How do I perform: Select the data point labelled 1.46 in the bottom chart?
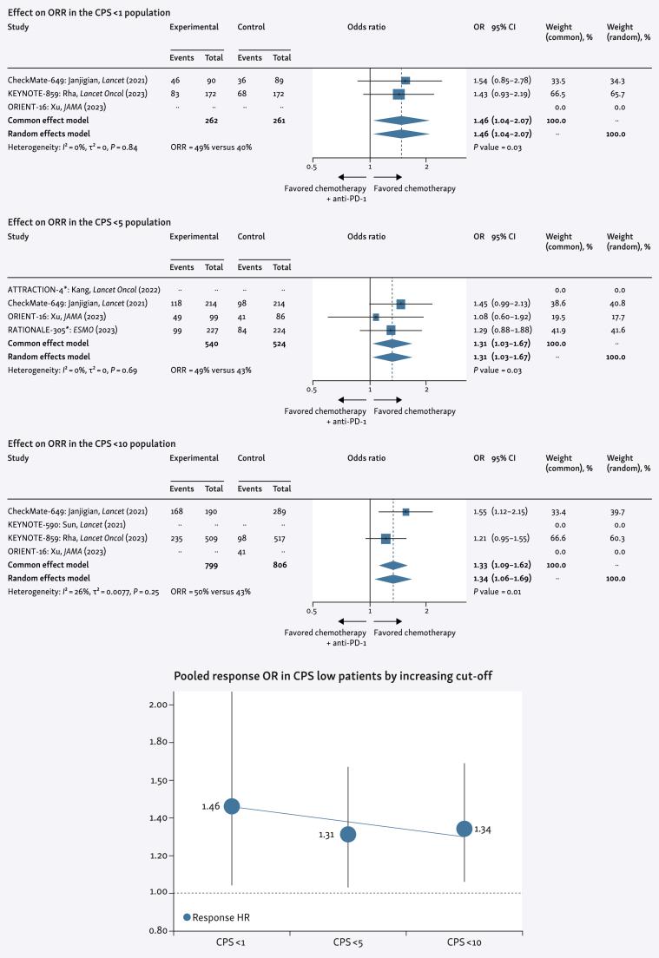pyautogui.click(x=232, y=806)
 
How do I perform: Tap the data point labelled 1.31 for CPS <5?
pyautogui.click(x=348, y=834)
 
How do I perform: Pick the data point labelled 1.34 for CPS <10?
pyautogui.click(x=465, y=829)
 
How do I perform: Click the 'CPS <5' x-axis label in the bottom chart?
pyautogui.click(x=348, y=942)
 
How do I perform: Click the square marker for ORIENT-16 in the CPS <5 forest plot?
pyautogui.click(x=376, y=317)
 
